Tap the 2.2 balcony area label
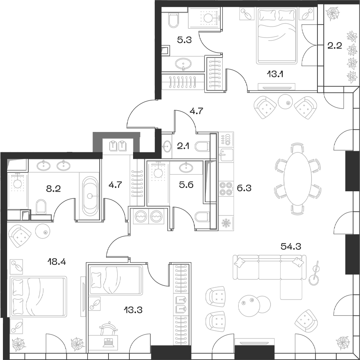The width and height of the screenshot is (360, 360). point(334,46)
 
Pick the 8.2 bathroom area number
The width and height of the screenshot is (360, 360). point(53,188)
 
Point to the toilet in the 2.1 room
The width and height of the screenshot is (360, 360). point(203,146)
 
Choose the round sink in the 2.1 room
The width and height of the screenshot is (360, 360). point(167,146)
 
